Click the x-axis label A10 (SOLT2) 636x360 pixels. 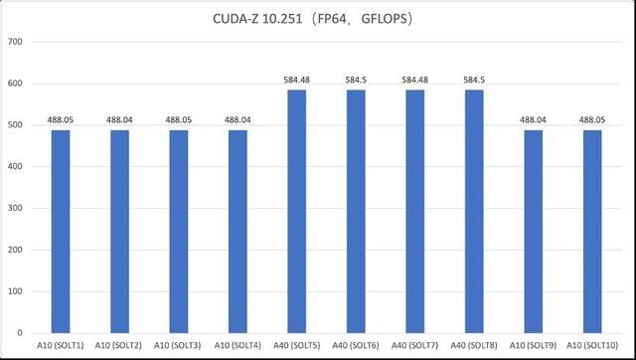[118, 345]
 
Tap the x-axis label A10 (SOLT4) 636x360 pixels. [238, 345]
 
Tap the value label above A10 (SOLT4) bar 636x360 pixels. [238, 119]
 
